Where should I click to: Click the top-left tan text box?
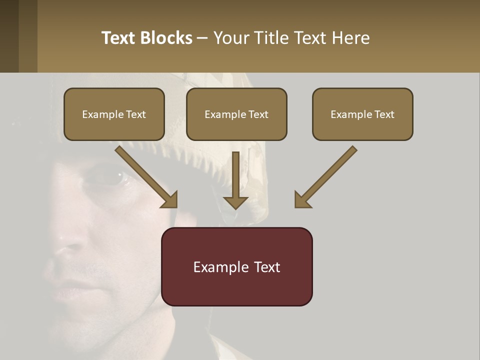(x=114, y=114)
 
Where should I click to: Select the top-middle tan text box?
(x=236, y=114)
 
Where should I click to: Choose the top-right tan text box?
(x=362, y=114)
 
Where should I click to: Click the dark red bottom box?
(x=236, y=266)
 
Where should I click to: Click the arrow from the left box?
(x=147, y=177)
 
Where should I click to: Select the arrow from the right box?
(x=325, y=177)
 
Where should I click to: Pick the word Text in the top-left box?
(x=136, y=114)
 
